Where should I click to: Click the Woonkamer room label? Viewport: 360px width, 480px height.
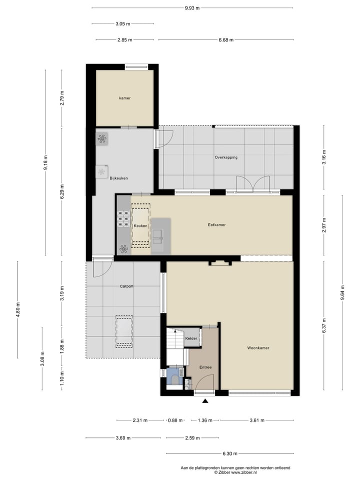pos(258,347)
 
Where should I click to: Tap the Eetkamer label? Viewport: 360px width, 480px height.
pos(216,225)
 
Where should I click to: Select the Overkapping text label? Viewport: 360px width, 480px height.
pos(225,157)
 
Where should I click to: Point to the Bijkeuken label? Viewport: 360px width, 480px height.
pos(119,177)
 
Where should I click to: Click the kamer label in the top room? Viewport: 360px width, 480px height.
pos(124,98)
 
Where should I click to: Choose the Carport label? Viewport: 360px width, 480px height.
pos(126,286)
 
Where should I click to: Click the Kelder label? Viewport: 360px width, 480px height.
pos(191,338)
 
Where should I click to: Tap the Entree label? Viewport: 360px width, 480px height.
pos(205,367)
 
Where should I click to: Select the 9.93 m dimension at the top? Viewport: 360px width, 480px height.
pos(192,8)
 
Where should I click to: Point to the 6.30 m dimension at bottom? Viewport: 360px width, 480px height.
pos(229,454)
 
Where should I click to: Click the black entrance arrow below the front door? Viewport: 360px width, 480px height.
pos(205,400)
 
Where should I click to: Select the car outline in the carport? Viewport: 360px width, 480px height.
pos(124,330)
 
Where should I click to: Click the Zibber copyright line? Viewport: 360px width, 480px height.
pos(235,471)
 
